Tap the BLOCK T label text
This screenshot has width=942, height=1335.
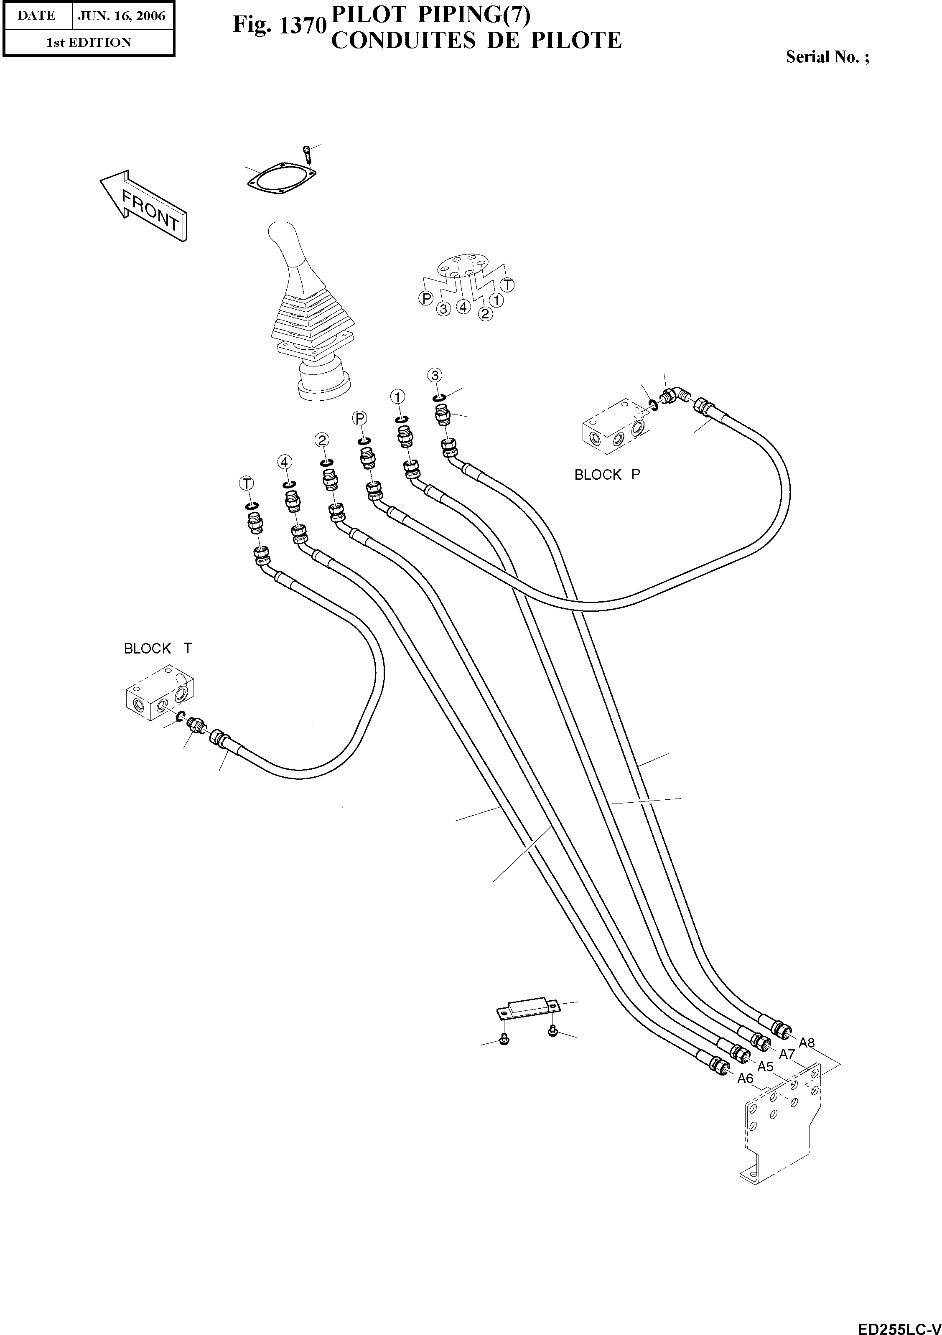coord(158,648)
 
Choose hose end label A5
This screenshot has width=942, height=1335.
coord(765,1066)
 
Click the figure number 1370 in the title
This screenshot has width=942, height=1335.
coord(301,25)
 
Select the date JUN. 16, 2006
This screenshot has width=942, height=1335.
coord(122,16)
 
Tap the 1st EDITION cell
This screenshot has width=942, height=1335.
coord(89,43)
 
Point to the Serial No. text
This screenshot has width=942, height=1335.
coord(827,57)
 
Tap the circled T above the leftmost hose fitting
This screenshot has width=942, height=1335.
coord(247,483)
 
